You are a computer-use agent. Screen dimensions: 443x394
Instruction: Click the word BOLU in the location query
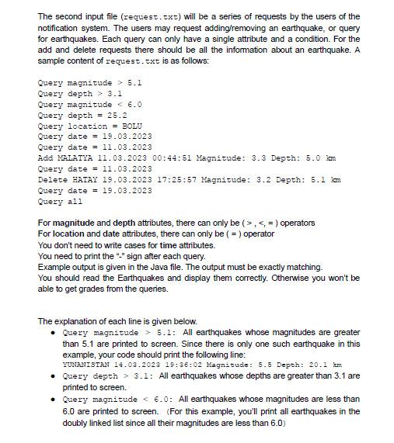point(132,126)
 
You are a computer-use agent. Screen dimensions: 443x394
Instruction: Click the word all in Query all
point(75,201)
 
